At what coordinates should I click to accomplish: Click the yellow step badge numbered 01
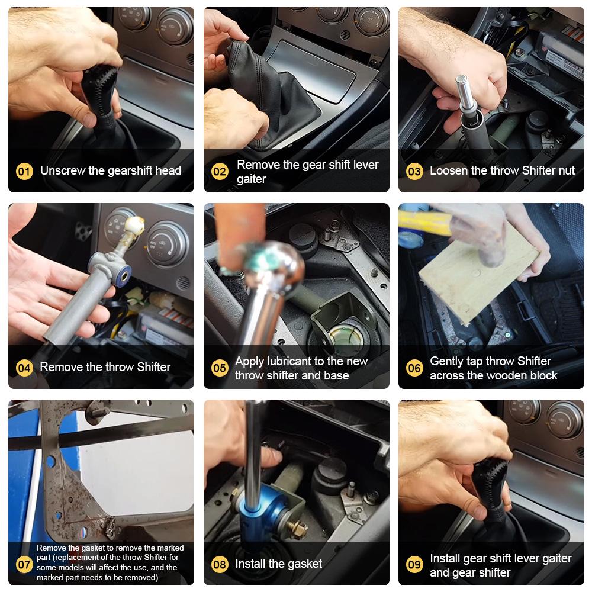coord(24,172)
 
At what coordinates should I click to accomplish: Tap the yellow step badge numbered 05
coord(220,368)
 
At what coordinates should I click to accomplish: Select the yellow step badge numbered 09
coord(414,564)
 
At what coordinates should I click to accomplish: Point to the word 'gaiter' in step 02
coord(252,179)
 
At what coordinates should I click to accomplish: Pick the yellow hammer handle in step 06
coord(424,224)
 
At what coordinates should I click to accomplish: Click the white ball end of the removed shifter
coord(135,226)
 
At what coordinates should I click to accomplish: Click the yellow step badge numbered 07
coord(24,564)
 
